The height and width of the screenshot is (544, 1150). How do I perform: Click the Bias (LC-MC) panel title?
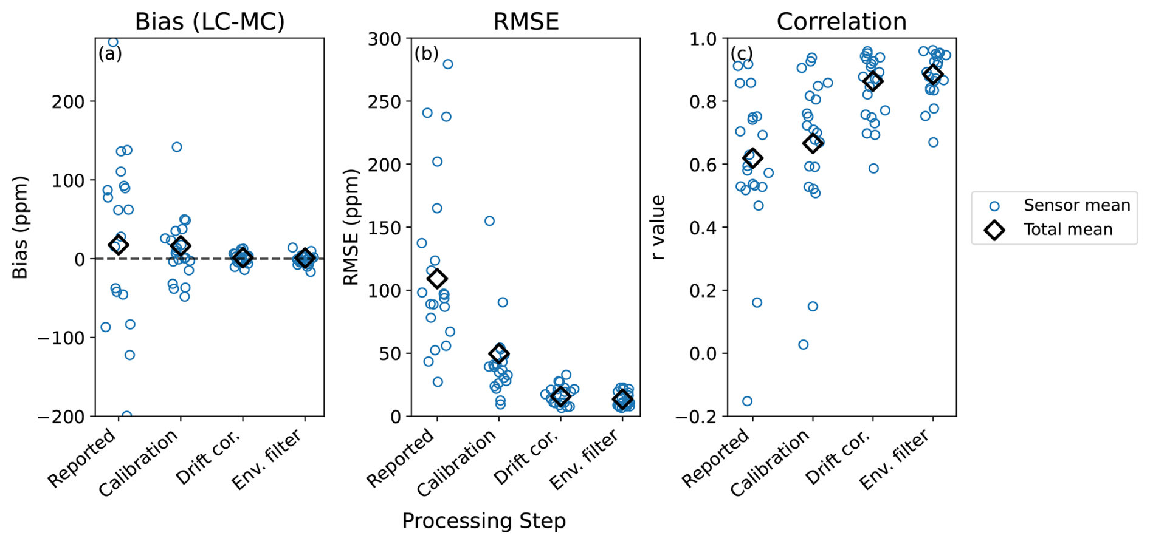click(210, 22)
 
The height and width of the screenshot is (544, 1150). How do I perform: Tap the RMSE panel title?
click(526, 22)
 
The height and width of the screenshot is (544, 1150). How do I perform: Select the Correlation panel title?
click(841, 22)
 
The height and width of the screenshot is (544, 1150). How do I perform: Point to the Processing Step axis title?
click(484, 521)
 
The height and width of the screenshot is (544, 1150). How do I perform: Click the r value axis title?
click(658, 227)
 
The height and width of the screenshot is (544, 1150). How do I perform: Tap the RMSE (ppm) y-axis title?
click(351, 227)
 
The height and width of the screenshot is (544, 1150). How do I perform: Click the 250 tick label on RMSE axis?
click(384, 101)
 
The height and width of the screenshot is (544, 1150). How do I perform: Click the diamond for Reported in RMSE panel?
click(437, 279)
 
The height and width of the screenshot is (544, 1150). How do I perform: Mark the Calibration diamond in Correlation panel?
click(813, 143)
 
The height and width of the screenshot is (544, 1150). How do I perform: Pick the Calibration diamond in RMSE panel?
click(499, 353)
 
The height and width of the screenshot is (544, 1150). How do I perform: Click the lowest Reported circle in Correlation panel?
click(747, 401)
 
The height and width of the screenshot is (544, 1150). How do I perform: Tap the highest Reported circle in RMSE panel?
click(447, 64)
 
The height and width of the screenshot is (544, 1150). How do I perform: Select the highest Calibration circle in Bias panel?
click(177, 147)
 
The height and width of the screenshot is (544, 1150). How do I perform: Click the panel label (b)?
click(426, 53)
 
